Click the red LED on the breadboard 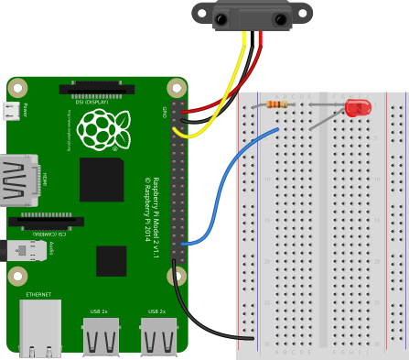point(357,108)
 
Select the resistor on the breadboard point(275,104)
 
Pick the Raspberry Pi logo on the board point(103,129)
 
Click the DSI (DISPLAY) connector point(91,89)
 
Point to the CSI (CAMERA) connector point(46,222)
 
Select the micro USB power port point(11,111)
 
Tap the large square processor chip point(102,180)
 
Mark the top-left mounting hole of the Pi point(18,89)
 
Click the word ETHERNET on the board point(38,295)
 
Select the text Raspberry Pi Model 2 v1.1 point(156,218)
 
